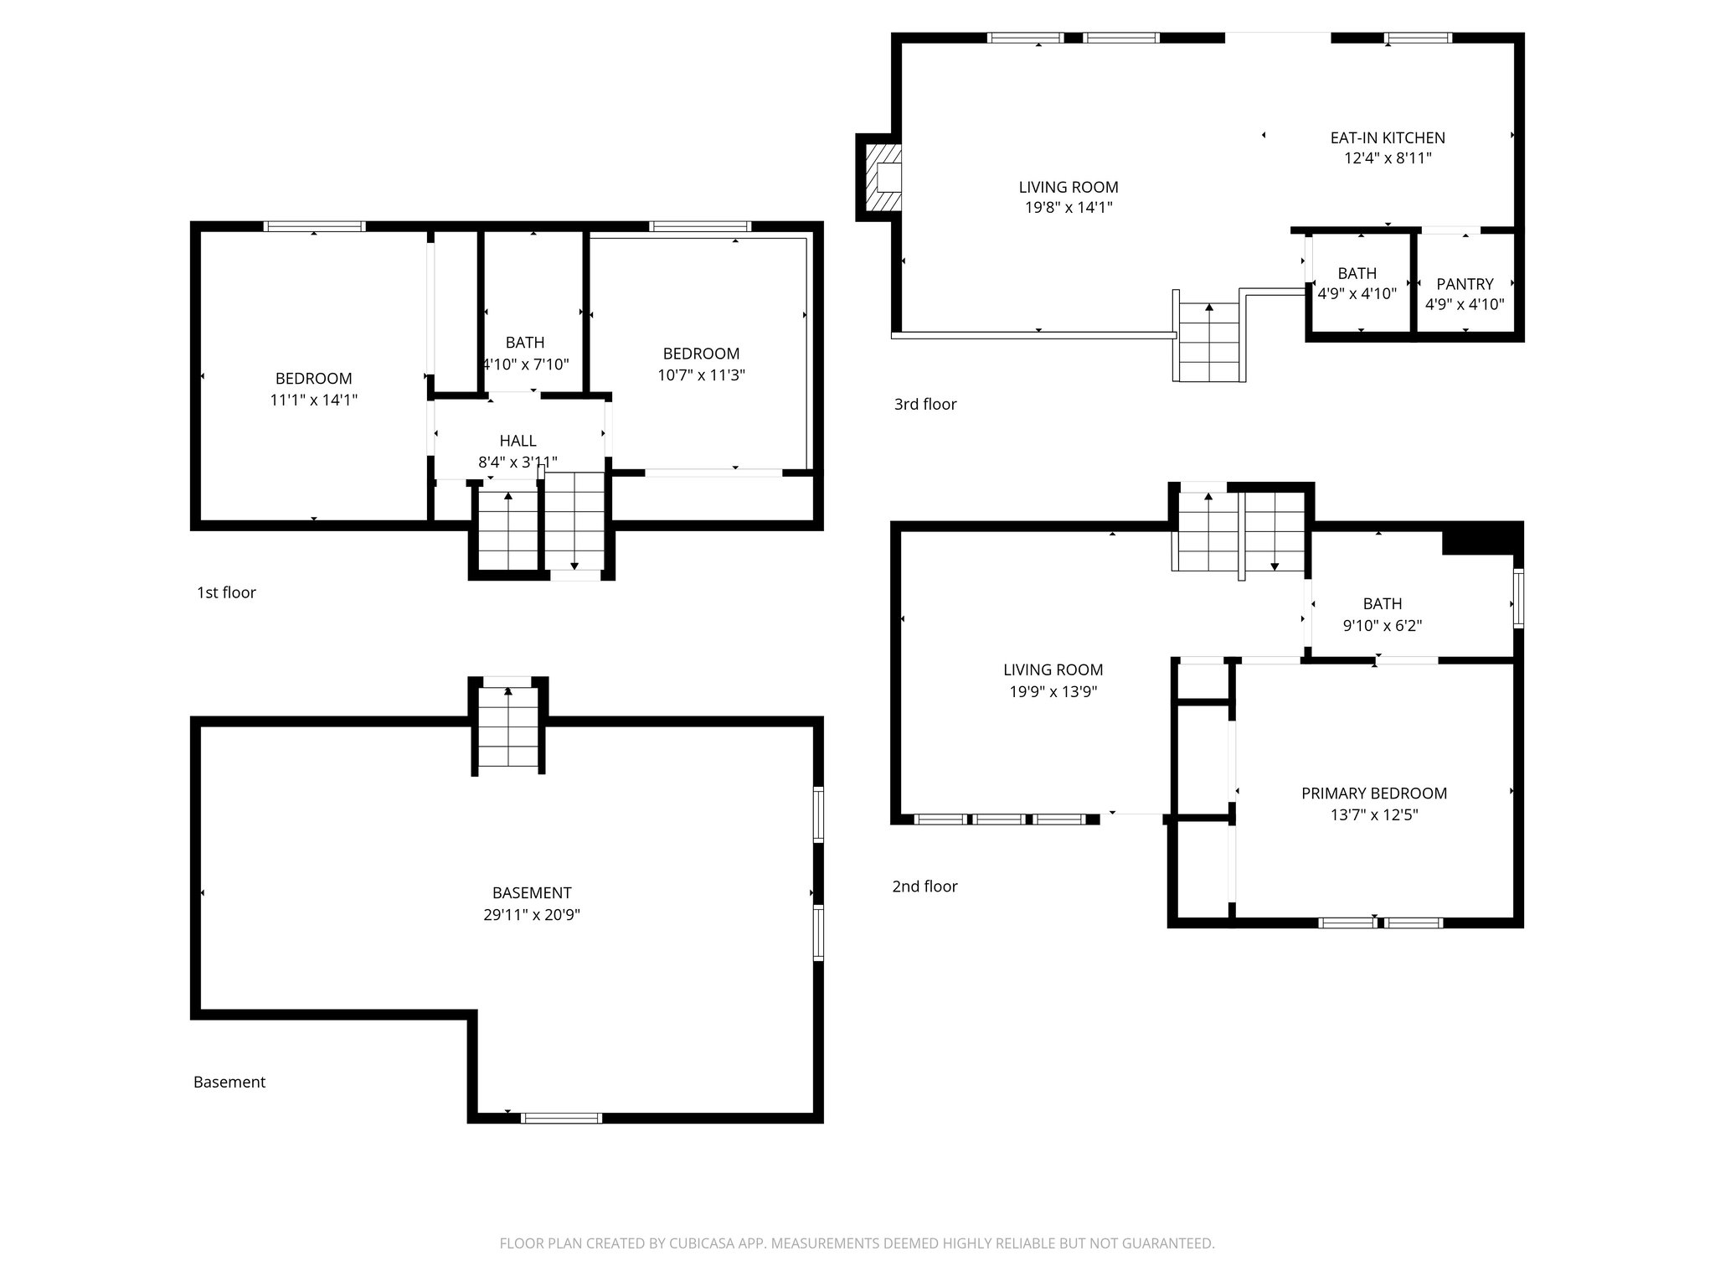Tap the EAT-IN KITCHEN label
(1388, 137)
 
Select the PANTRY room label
(1465, 284)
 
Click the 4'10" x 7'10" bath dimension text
(526, 364)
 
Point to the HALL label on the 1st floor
(518, 441)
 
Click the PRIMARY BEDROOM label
(1373, 793)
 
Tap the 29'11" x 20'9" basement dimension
(532, 915)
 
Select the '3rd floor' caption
(924, 404)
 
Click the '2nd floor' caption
(924, 886)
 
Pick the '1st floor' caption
(226, 592)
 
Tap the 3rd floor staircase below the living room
(1208, 342)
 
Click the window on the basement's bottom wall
(561, 1118)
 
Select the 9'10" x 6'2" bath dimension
(1382, 625)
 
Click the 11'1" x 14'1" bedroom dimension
(313, 401)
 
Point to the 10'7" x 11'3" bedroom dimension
(701, 375)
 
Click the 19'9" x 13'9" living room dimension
(1053, 691)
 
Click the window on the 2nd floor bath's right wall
(1518, 598)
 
